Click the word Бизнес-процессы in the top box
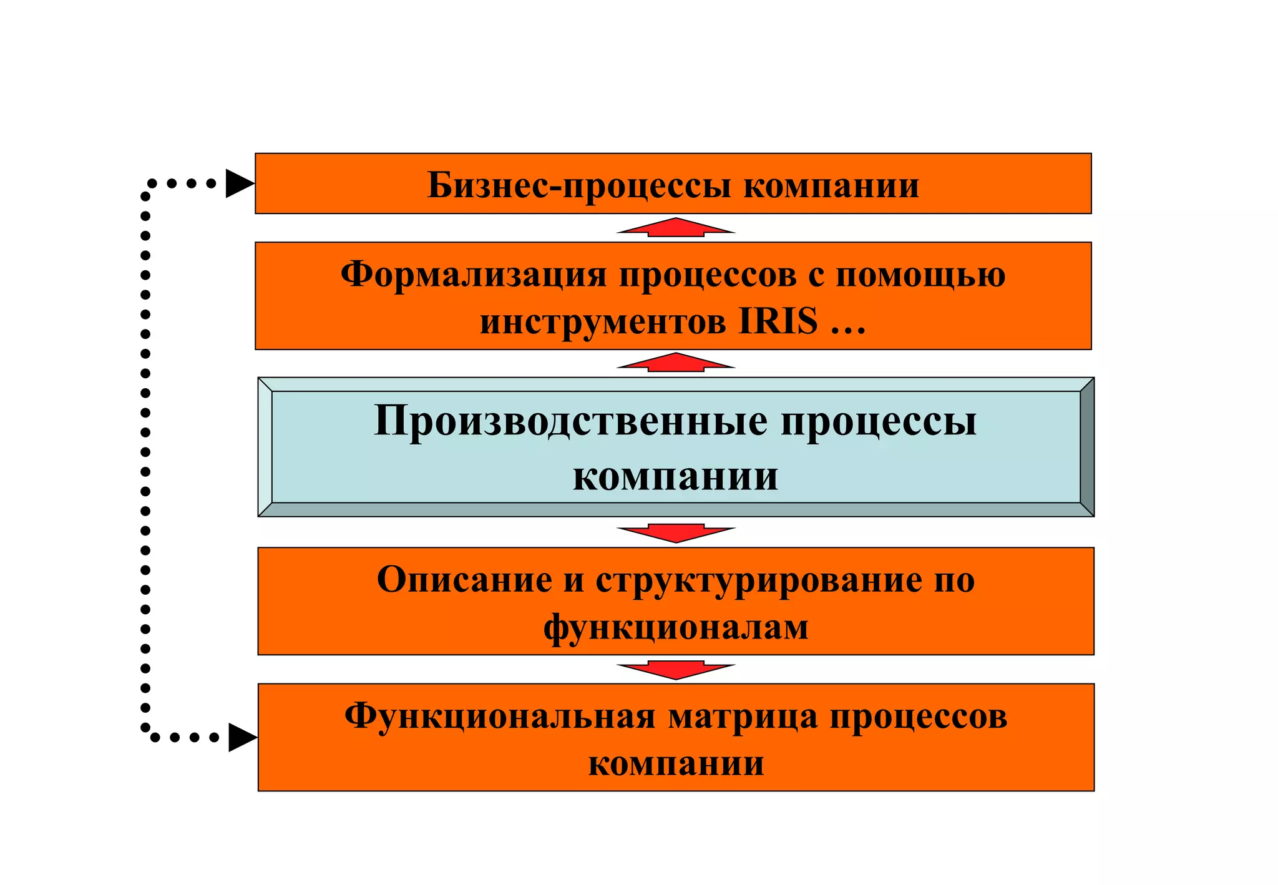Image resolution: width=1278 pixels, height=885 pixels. click(x=578, y=185)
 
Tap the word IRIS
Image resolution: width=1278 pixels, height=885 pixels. click(x=778, y=322)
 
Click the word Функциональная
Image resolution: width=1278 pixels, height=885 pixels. click(x=500, y=716)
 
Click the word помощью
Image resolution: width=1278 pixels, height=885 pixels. click(x=920, y=275)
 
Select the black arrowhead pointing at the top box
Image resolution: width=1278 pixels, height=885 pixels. click(x=239, y=183)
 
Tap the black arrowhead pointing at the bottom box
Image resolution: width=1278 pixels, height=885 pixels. click(x=242, y=737)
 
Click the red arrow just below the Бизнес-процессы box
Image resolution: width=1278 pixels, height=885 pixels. click(x=676, y=228)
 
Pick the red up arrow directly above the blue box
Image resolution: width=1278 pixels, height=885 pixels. click(x=676, y=363)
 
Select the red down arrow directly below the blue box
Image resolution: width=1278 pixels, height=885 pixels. click(x=676, y=533)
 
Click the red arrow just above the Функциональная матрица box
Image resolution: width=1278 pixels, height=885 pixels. click(x=676, y=670)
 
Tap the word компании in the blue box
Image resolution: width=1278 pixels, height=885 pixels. click(x=676, y=477)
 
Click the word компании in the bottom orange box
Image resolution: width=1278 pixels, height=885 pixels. click(x=676, y=763)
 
